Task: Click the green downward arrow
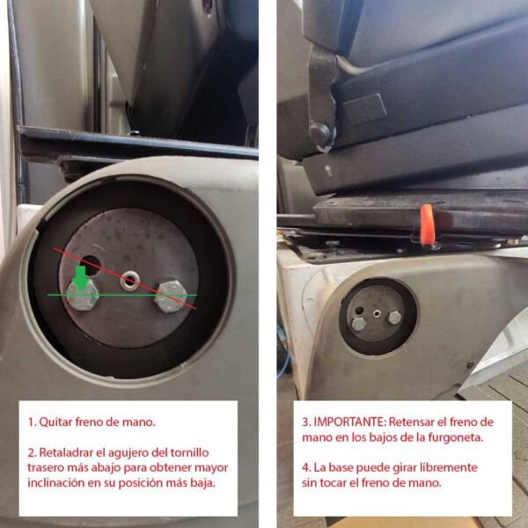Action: pos(80,278)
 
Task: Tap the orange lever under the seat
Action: pos(427,224)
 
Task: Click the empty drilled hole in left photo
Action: pos(91,265)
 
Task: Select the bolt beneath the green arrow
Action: pos(82,294)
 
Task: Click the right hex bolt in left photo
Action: pos(171,296)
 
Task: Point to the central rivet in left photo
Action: pos(130,280)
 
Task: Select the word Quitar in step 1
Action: pos(55,422)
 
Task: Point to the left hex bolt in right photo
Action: pos(359,324)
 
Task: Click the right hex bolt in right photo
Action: pos(394,317)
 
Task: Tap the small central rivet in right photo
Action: pos(377,314)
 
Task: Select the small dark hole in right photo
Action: pos(359,310)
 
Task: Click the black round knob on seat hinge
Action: pos(321,134)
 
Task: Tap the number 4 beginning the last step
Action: pos(305,468)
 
